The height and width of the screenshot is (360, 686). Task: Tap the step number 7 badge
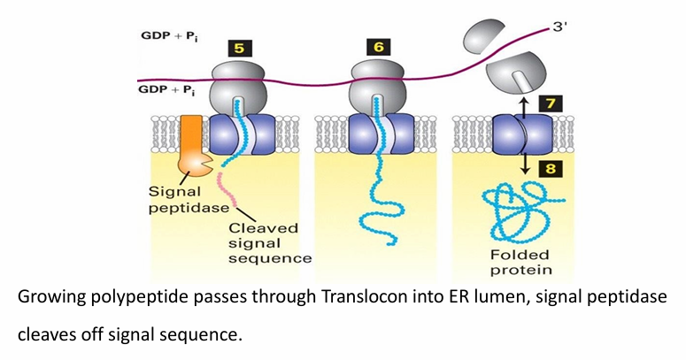tap(550, 105)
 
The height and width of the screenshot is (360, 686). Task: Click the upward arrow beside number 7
tap(523, 105)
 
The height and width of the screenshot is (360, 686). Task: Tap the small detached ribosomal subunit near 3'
tap(483, 34)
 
